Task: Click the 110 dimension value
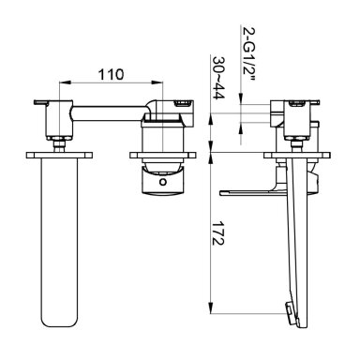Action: point(111,74)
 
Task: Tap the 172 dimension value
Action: point(217,233)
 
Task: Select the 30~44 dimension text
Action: point(218,78)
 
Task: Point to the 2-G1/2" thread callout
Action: point(249,53)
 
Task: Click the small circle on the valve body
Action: point(163,182)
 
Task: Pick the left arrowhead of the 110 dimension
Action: point(64,82)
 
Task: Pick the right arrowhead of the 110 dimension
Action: point(157,82)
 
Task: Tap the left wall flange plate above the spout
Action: point(59,155)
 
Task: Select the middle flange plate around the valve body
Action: point(162,155)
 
